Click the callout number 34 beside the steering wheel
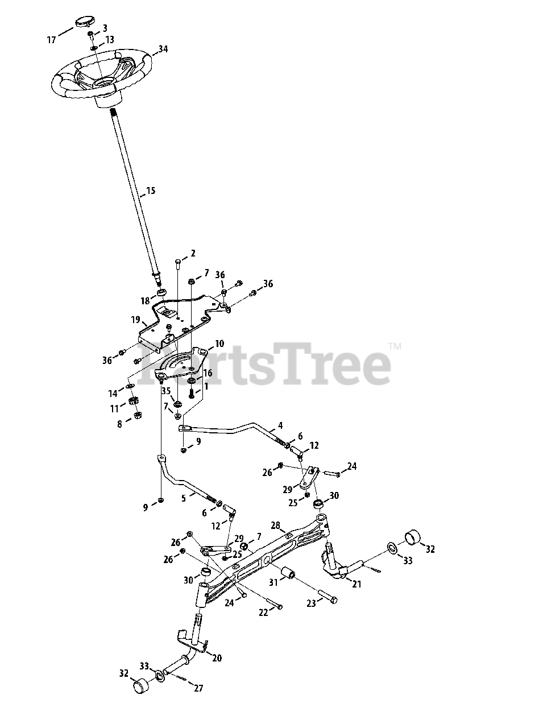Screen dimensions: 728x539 click(163, 49)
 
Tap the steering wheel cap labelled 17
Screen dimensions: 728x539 click(82, 23)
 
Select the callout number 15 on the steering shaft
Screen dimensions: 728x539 click(150, 191)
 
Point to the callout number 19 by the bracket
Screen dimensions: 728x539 click(135, 320)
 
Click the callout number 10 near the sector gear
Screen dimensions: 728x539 click(219, 344)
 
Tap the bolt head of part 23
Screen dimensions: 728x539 click(333, 600)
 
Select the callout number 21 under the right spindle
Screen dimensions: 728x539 click(356, 584)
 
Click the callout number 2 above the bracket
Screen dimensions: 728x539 click(192, 253)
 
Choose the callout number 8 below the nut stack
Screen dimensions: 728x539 click(120, 424)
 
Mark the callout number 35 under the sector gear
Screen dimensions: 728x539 click(166, 391)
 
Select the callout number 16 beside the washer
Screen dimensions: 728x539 click(208, 373)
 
